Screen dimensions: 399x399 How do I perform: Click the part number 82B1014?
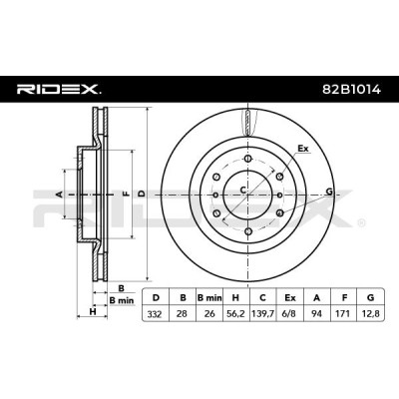tap(352, 90)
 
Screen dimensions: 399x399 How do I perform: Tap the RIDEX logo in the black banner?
tap(59, 90)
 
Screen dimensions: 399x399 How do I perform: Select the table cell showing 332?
tap(156, 313)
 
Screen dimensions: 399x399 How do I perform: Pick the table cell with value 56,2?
tap(235, 313)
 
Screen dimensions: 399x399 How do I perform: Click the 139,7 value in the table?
tap(262, 313)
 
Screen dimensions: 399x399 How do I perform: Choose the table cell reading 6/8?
tap(290, 313)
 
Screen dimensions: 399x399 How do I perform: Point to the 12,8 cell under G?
tap(370, 313)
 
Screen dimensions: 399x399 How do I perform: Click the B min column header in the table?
tap(209, 297)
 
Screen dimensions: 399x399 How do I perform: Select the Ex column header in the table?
tap(290, 297)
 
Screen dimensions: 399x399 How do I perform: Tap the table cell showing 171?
tap(344, 313)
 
